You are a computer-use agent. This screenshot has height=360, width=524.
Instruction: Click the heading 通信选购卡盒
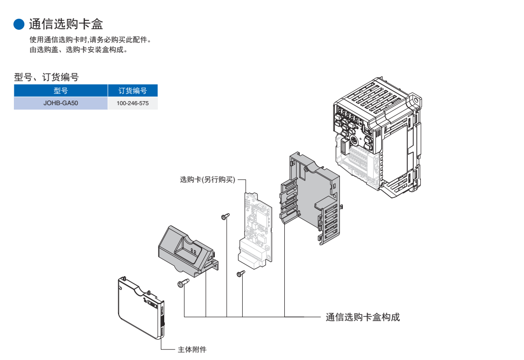pyautogui.click(x=66, y=23)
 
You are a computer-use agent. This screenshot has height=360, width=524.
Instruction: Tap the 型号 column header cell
pyautogui.click(x=61, y=91)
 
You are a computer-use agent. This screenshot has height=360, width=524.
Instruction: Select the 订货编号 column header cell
pyautogui.click(x=132, y=91)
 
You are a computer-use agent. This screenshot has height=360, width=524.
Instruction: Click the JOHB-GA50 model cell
pyautogui.click(x=61, y=104)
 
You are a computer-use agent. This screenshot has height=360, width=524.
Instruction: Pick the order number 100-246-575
pyautogui.click(x=132, y=104)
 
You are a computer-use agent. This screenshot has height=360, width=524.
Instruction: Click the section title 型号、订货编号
pyautogui.click(x=46, y=77)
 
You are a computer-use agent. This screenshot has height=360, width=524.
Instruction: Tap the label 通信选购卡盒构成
pyautogui.click(x=363, y=317)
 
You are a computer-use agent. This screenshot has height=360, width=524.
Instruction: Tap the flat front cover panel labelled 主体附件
pyautogui.click(x=141, y=307)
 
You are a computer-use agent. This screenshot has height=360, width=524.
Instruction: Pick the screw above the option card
pyautogui.click(x=226, y=216)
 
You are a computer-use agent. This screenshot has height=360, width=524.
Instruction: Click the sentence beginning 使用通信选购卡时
pyautogui.click(x=90, y=40)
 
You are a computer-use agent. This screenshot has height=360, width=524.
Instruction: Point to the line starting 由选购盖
pyautogui.click(x=79, y=50)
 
